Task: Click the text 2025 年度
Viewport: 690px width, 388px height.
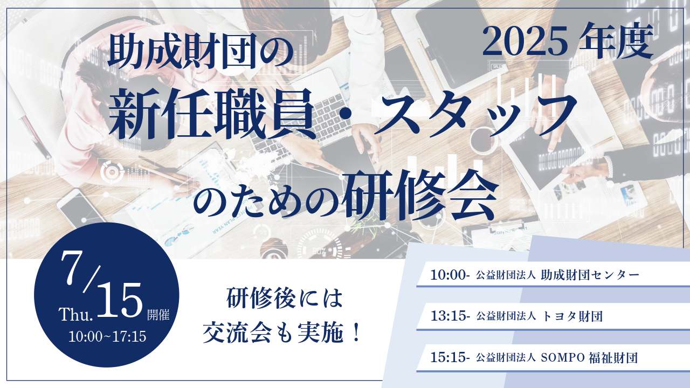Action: (568, 40)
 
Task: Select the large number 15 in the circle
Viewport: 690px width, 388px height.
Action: (120, 300)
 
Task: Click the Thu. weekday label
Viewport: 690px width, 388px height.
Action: (76, 314)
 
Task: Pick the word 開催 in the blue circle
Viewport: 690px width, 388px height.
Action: (158, 314)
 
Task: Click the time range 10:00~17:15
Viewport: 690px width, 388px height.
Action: (107, 337)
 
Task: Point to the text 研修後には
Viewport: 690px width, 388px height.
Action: (285, 298)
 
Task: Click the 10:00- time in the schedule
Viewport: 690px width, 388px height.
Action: (450, 275)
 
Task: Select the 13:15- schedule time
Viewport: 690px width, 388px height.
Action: (450, 316)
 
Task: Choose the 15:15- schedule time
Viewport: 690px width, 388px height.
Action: (450, 357)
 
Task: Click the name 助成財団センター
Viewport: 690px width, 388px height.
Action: (590, 275)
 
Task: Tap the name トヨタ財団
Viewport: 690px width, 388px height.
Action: (572, 316)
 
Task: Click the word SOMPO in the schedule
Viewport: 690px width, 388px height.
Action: (563, 357)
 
